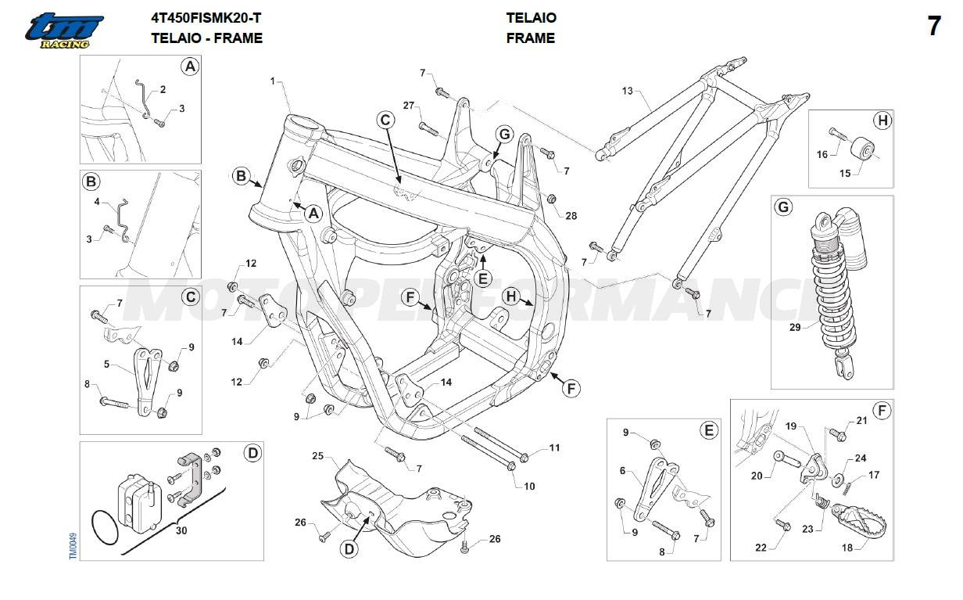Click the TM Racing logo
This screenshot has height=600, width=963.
[x=63, y=31]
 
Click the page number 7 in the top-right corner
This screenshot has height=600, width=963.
[x=933, y=26]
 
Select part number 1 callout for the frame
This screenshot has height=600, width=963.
[x=274, y=81]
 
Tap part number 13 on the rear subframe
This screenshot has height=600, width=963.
[x=628, y=92]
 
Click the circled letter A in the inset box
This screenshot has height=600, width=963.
[x=189, y=67]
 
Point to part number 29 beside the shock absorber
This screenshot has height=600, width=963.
[x=795, y=327]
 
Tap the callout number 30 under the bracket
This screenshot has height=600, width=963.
[x=181, y=530]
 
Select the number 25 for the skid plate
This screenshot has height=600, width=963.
[x=317, y=455]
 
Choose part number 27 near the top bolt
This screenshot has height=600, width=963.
[x=408, y=106]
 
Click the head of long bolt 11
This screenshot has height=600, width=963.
[x=524, y=457]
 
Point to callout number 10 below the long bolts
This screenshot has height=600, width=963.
[x=529, y=486]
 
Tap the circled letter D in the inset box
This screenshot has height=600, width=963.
[x=252, y=452]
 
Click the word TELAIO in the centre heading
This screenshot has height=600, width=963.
[x=531, y=17]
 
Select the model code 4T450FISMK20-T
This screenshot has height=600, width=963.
[x=206, y=17]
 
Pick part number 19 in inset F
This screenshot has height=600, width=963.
[x=790, y=426]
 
